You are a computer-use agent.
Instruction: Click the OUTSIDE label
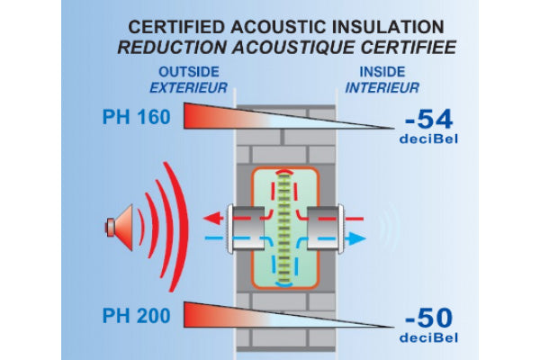coord(189,73)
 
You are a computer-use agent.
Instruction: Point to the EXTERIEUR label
coord(189,88)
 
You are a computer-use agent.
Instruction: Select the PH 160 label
coord(134,116)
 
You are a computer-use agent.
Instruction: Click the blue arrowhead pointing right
coord(358,239)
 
